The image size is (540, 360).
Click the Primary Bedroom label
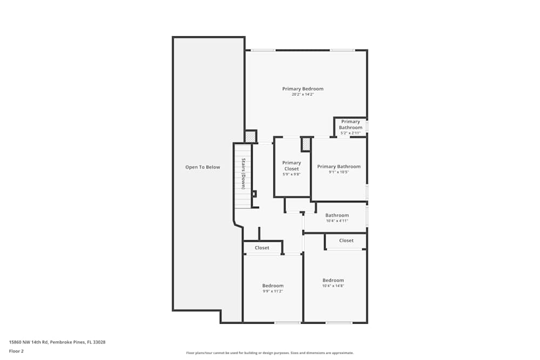[x=302, y=89]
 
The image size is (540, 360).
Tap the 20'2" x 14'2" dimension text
[x=302, y=94]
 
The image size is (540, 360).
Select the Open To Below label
[x=202, y=167]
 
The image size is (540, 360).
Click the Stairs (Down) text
[x=244, y=174]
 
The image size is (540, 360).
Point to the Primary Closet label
[x=292, y=166]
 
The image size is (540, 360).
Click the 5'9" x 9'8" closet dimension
[x=292, y=174]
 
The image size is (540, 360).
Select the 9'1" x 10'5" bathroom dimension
[x=339, y=172]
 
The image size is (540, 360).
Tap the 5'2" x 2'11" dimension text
[x=350, y=133]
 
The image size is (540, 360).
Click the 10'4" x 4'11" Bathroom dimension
[x=337, y=221]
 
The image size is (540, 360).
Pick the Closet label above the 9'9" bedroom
[x=262, y=248]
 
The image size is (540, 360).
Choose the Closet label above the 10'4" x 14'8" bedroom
[x=346, y=240]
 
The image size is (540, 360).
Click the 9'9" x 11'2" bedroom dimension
[x=273, y=291]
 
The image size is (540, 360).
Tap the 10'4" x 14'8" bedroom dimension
[x=333, y=286]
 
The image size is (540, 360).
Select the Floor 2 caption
[x=16, y=351]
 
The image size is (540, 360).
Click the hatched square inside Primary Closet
[x=306, y=144]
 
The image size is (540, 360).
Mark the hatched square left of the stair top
[x=250, y=137]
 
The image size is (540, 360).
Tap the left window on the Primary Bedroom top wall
[x=263, y=50]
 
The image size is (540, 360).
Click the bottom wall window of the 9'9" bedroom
[x=287, y=323]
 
